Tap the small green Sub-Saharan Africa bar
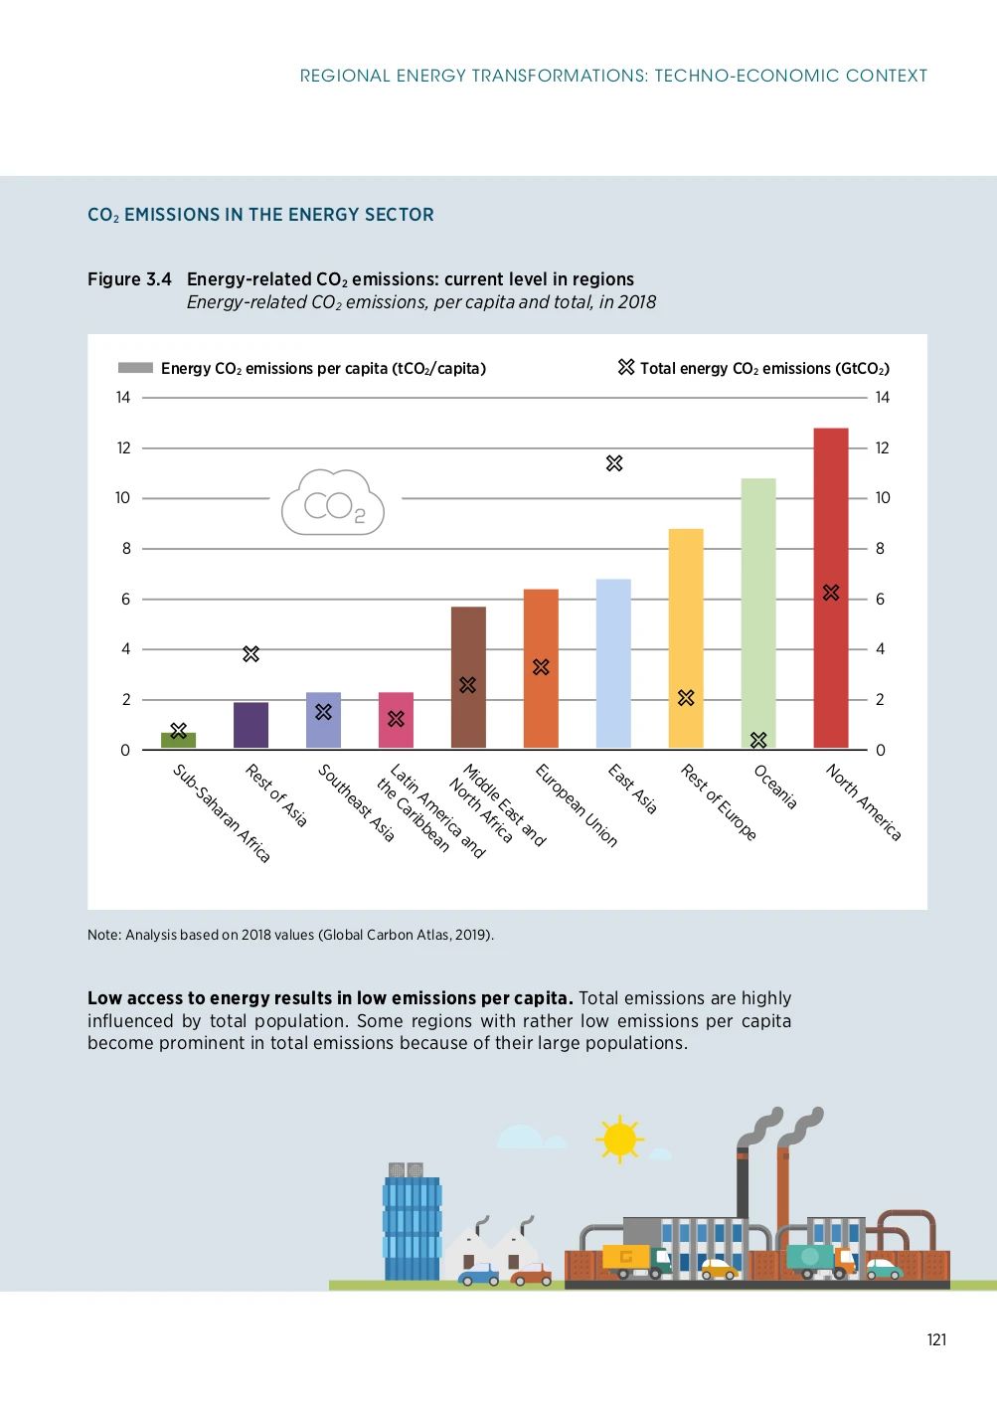coord(178,741)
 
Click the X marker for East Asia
coord(614,463)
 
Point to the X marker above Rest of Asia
coord(250,654)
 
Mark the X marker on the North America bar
coord(831,593)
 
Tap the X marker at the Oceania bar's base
coord(758,740)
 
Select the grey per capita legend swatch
coord(135,368)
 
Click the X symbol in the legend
coord(625,367)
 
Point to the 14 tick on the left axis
coord(123,398)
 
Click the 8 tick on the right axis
coord(880,549)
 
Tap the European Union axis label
coord(577,805)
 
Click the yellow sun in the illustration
coord(619,1139)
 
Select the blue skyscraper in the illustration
coord(412,1228)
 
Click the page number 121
coord(936,1339)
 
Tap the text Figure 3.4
coord(129,279)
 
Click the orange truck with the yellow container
coord(636,1261)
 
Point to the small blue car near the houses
coord(479,1275)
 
